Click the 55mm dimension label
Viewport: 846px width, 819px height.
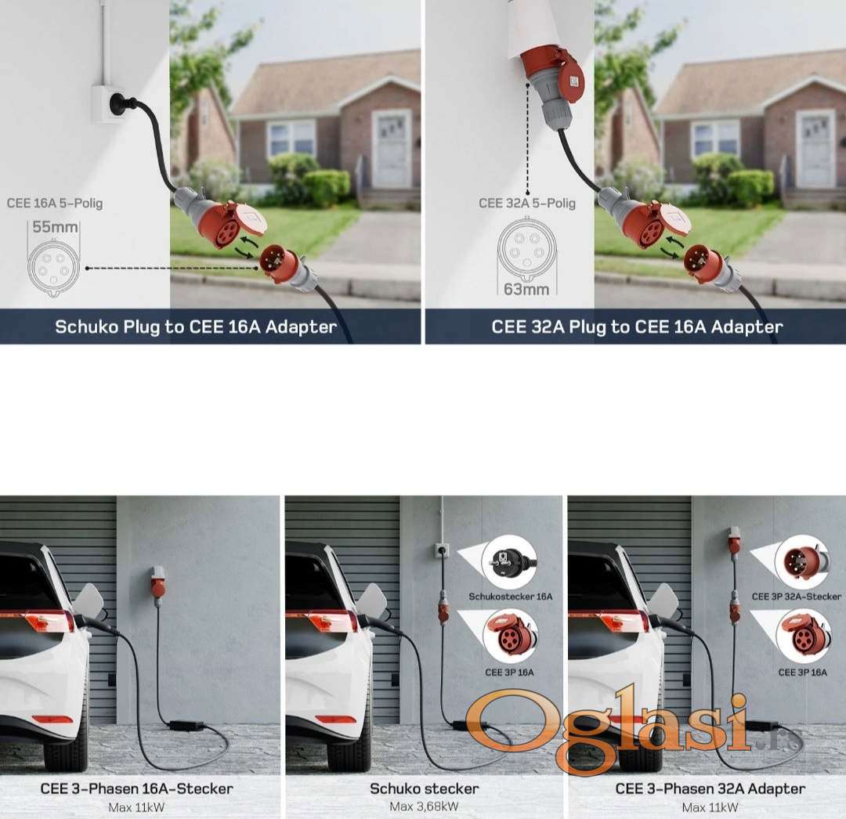pos(55,227)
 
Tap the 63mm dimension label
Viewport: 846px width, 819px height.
pos(526,290)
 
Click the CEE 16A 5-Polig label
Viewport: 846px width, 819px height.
pos(55,204)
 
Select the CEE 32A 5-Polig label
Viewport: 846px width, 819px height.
pos(526,204)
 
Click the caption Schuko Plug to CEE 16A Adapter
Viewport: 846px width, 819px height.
pos(196,327)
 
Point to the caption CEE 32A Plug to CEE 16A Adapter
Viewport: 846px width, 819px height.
pos(637,327)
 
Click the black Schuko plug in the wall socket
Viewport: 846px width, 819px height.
pos(119,103)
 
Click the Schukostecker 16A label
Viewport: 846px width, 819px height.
pos(511,597)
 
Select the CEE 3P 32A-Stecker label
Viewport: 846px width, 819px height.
pos(797,597)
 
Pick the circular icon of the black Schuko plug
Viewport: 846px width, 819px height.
pos(509,561)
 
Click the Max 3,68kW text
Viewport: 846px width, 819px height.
pos(424,806)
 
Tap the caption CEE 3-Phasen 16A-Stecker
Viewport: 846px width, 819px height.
pos(136,788)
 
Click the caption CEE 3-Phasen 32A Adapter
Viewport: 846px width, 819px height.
pos(710,788)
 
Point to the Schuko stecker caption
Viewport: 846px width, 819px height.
pos(424,788)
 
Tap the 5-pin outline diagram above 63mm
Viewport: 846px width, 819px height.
pos(526,251)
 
